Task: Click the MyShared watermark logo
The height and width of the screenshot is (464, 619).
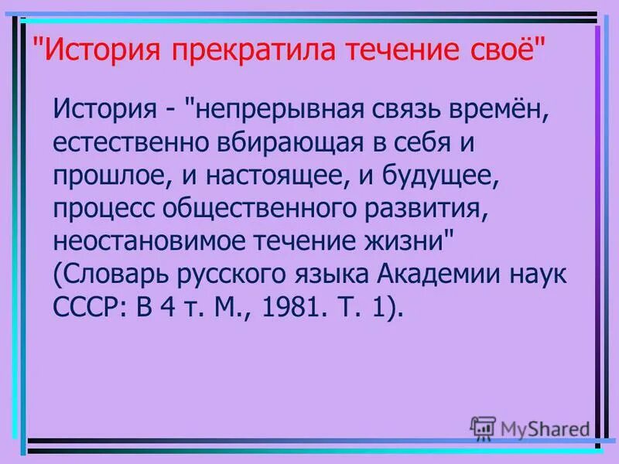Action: tap(530, 426)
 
